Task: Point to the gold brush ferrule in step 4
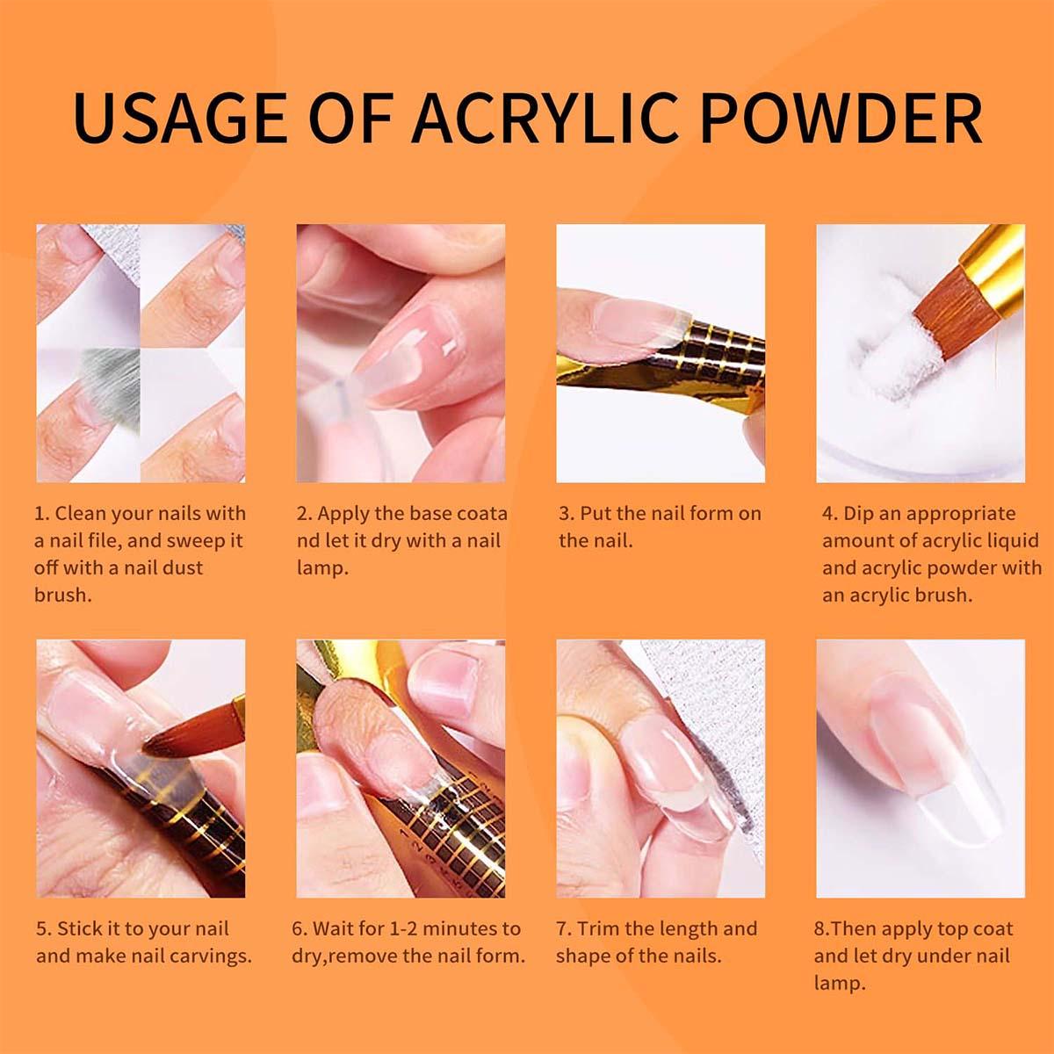(x=993, y=255)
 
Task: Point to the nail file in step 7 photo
(x=711, y=703)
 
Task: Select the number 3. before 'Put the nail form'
(x=567, y=514)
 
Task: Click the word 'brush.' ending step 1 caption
(x=63, y=595)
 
